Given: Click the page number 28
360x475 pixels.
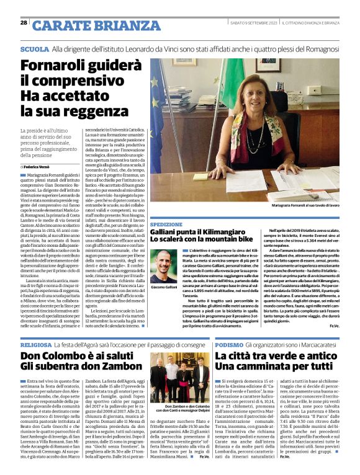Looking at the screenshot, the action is pos(23,23).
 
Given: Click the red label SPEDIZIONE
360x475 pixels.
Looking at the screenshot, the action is pos(166,224).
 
